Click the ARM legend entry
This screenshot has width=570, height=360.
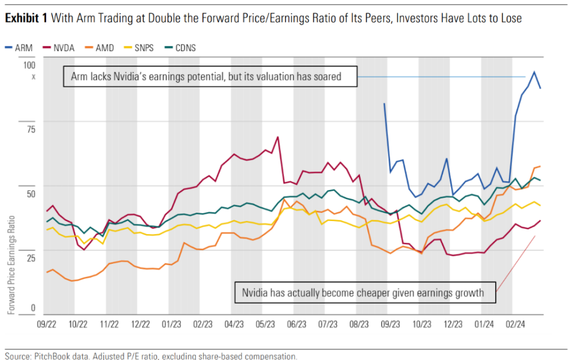coord(20,48)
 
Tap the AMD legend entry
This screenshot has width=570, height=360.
coord(100,48)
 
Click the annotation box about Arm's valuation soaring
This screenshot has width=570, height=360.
coord(210,77)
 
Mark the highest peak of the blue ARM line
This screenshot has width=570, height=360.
coord(534,72)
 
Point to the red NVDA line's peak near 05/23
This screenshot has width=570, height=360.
coord(277,137)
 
